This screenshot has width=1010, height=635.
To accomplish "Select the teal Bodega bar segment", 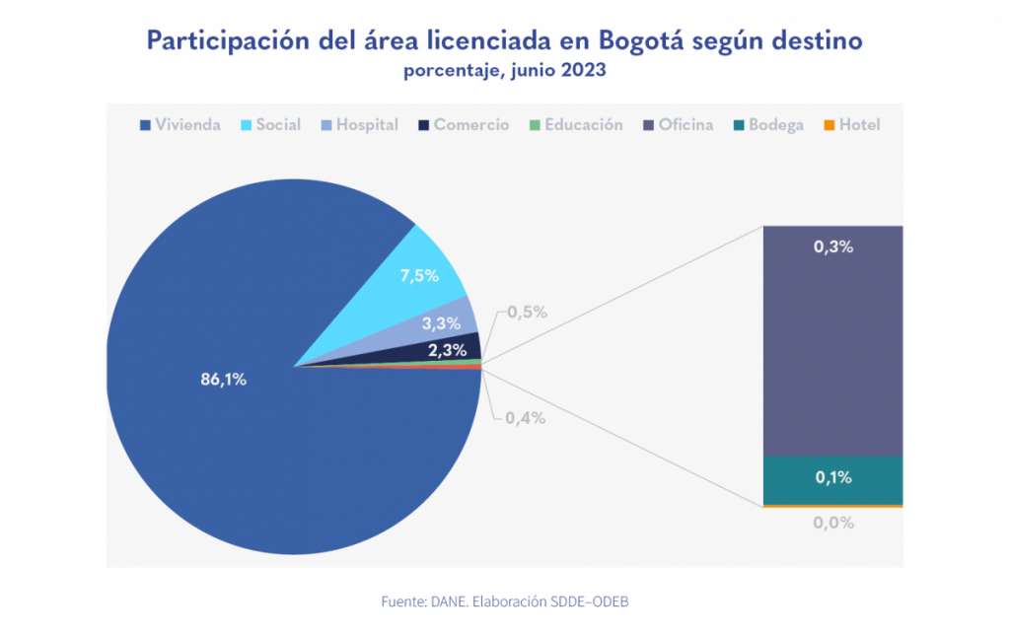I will point(833,479).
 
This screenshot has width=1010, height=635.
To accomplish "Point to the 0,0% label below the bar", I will point(833,523).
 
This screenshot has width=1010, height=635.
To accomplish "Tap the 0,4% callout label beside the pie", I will point(525,418).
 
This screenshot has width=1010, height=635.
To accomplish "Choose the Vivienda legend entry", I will point(180,125).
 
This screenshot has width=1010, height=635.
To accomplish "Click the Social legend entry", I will point(271,125).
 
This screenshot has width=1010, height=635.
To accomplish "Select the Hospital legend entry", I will point(359,125).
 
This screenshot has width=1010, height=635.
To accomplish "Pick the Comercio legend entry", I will point(464,125).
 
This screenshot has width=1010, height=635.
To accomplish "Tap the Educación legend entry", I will point(576,125).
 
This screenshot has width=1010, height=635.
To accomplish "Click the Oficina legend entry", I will point(678,125).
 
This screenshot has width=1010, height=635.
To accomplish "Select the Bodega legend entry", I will point(768,125).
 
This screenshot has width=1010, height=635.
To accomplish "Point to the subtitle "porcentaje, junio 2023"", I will point(504,72).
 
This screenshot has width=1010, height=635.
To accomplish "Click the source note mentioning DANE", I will point(503,600).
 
